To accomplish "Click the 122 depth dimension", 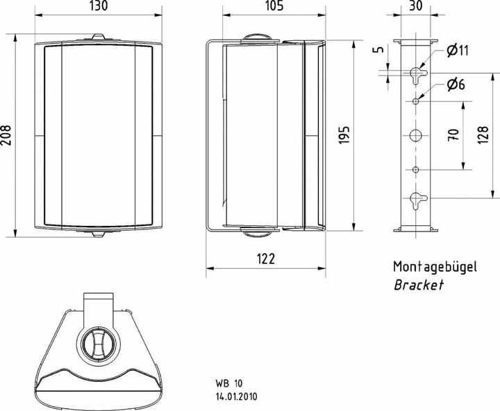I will (266, 259).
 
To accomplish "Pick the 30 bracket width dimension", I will (416, 8).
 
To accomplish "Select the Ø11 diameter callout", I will (453, 49).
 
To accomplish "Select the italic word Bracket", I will (418, 285).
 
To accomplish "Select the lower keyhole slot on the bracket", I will (416, 200).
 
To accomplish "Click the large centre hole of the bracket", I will (416, 136).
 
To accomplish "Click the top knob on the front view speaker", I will (98, 38).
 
